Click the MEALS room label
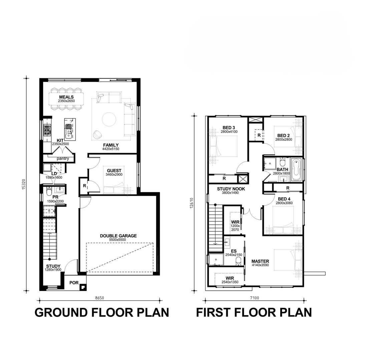coord(66,97)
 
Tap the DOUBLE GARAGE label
coord(118,236)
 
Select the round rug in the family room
coord(109,119)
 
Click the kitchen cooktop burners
coord(47,130)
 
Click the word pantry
coord(63,159)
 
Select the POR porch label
coord(74,283)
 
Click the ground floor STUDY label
coord(53,266)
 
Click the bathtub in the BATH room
coord(296,170)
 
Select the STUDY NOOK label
coord(231,189)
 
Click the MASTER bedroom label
coord(260,261)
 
